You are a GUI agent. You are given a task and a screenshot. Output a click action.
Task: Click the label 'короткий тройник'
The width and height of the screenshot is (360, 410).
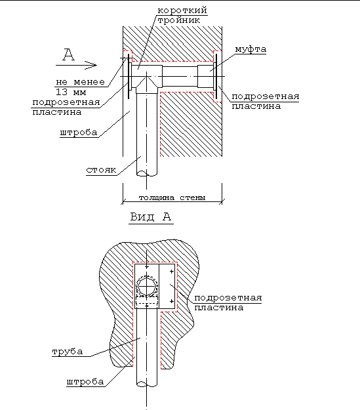click(x=182, y=15)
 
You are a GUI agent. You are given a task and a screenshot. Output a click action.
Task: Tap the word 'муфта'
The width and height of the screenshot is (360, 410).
click(x=250, y=49)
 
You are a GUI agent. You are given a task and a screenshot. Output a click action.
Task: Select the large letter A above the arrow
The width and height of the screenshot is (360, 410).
click(x=68, y=54)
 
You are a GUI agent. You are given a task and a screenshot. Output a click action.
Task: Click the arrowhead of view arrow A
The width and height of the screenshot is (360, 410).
click(x=91, y=65)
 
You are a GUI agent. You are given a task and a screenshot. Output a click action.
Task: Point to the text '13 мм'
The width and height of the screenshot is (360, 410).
click(x=71, y=92)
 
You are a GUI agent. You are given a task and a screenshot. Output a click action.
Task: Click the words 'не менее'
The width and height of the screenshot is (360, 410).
click(x=80, y=82)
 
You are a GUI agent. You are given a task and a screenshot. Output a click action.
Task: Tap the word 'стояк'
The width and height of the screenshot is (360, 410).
click(x=101, y=170)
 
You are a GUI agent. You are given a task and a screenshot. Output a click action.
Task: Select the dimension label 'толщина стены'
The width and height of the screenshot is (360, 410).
click(x=172, y=197)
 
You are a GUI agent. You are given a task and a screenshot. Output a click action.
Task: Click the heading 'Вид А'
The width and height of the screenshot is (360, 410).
click(x=151, y=216)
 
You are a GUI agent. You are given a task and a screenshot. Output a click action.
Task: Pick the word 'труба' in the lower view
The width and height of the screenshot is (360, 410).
click(x=68, y=352)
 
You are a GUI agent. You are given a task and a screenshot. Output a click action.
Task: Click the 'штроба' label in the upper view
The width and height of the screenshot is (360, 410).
click(x=79, y=133)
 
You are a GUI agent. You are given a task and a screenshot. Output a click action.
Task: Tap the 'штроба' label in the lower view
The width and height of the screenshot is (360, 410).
click(x=85, y=382)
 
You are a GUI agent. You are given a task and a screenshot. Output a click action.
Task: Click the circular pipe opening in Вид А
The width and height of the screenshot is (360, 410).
click(x=147, y=287)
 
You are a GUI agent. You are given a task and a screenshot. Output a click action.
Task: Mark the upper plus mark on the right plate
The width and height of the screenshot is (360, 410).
click(x=172, y=272)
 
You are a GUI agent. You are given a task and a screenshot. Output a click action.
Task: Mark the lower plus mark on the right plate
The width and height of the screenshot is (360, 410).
click(x=172, y=301)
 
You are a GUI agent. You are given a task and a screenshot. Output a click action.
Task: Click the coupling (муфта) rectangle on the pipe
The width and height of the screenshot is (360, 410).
click(x=205, y=76)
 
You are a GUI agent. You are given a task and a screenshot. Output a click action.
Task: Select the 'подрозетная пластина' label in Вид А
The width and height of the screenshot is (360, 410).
click(x=228, y=302)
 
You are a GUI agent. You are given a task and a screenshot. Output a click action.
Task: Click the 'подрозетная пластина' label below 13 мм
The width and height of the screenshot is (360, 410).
click(x=66, y=107)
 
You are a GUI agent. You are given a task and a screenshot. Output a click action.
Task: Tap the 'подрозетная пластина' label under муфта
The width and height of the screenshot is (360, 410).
click(x=266, y=101)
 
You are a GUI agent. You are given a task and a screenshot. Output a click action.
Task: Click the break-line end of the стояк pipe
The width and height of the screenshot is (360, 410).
click(x=147, y=173)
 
